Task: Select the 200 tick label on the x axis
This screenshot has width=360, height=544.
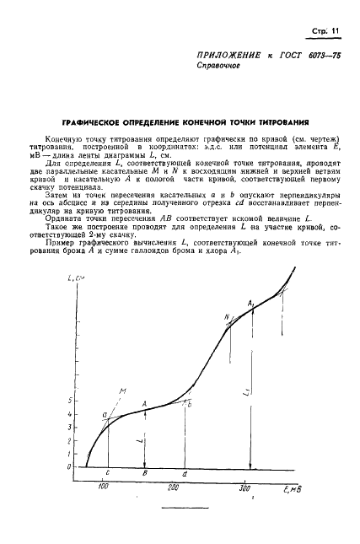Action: pos(175,488)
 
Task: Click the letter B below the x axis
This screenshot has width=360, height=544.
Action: pos(146,475)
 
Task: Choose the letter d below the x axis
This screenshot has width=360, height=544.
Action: pos(185,475)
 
